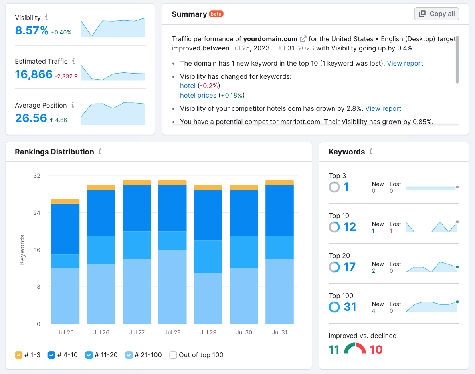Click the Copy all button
tap(437, 14)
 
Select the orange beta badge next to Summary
tap(216, 14)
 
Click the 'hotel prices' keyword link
tap(198, 95)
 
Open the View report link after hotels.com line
tap(383, 108)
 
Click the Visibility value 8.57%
tap(32, 30)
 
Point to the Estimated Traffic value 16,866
tap(34, 74)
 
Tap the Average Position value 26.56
tap(31, 118)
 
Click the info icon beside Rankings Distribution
tap(100, 152)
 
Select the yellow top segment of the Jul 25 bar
tap(65, 201)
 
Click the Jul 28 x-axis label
tap(172, 332)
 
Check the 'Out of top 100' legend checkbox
tap(173, 355)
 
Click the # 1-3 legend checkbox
tap(19, 355)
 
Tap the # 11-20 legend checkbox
tap(89, 355)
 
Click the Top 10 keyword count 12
tap(350, 227)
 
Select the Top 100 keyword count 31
tap(350, 307)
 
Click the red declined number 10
tap(376, 350)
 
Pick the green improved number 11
tap(334, 350)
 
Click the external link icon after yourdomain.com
tap(303, 39)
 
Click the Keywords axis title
tap(22, 250)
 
